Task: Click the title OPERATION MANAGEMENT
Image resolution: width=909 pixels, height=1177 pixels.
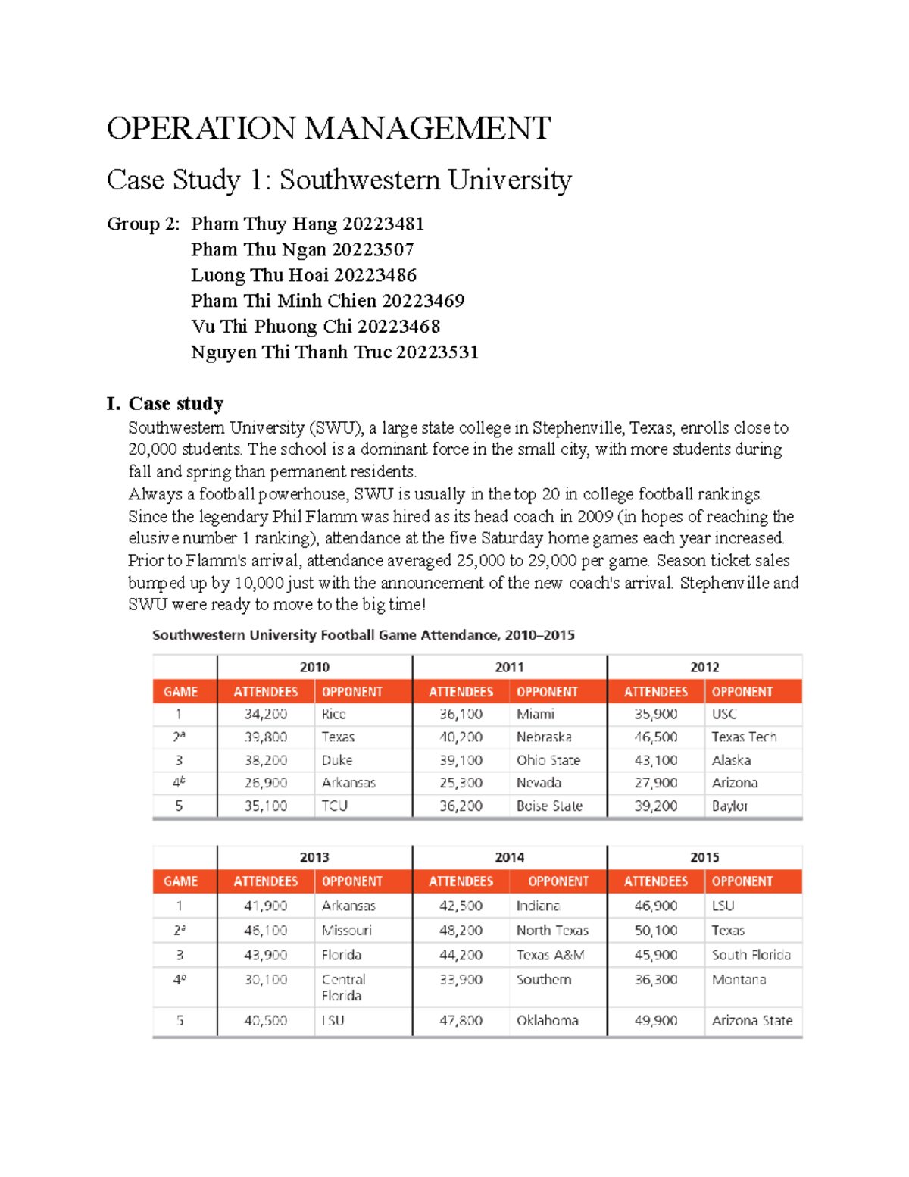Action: pos(328,129)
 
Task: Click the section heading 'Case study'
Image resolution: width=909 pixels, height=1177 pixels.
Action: pos(176,403)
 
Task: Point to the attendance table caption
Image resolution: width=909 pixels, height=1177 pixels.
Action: pos(363,635)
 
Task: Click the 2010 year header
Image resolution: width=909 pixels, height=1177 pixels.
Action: pos(314,667)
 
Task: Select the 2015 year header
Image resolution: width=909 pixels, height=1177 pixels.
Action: pos(704,857)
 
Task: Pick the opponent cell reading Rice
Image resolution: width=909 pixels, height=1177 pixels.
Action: pos(333,714)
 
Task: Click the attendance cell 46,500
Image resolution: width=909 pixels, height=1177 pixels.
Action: pos(656,737)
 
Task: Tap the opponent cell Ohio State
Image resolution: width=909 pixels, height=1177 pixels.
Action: pos(548,760)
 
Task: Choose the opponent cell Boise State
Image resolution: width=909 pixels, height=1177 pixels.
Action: pos(549,806)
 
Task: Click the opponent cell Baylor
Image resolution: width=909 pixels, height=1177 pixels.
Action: pos(729,806)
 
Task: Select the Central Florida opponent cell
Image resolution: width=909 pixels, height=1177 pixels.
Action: pos(343,988)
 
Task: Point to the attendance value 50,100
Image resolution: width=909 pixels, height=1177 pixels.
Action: pos(656,931)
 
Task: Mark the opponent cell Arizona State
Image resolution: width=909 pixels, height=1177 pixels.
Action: pos(751,1021)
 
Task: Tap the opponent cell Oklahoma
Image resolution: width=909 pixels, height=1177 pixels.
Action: pos(547,1021)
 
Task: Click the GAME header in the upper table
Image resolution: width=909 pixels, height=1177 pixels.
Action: pos(181,692)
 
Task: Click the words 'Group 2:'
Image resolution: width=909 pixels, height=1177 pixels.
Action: pos(143,224)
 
